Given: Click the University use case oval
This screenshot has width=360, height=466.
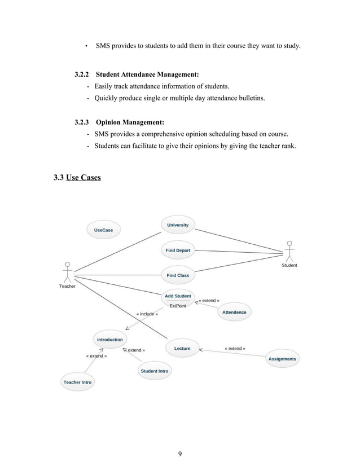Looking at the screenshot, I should click(178, 225).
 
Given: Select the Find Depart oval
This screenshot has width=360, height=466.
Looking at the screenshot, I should click(178, 250).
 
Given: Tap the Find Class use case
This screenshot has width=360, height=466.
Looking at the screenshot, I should click(178, 275).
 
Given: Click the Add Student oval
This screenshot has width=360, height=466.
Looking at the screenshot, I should click(178, 296).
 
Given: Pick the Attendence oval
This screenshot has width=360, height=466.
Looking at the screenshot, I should click(234, 312).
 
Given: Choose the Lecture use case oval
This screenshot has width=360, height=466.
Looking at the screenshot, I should click(182, 349).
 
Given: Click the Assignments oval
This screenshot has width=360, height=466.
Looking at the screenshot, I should click(282, 359).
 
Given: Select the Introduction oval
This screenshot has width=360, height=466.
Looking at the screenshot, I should click(110, 340).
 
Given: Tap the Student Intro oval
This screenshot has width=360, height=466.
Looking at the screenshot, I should click(154, 371).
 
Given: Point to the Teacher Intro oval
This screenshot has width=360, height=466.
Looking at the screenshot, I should click(77, 382).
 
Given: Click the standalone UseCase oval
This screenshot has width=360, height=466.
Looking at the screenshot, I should click(103, 230).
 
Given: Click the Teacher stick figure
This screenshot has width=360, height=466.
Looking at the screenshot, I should click(68, 272).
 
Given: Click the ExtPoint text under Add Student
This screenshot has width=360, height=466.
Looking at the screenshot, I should click(178, 306).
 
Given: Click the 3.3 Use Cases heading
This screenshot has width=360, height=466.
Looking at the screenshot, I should click(77, 178).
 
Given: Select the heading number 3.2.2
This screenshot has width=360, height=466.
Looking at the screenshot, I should click(83, 74).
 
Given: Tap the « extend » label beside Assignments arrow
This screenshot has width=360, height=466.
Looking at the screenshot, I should click(235, 348).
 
